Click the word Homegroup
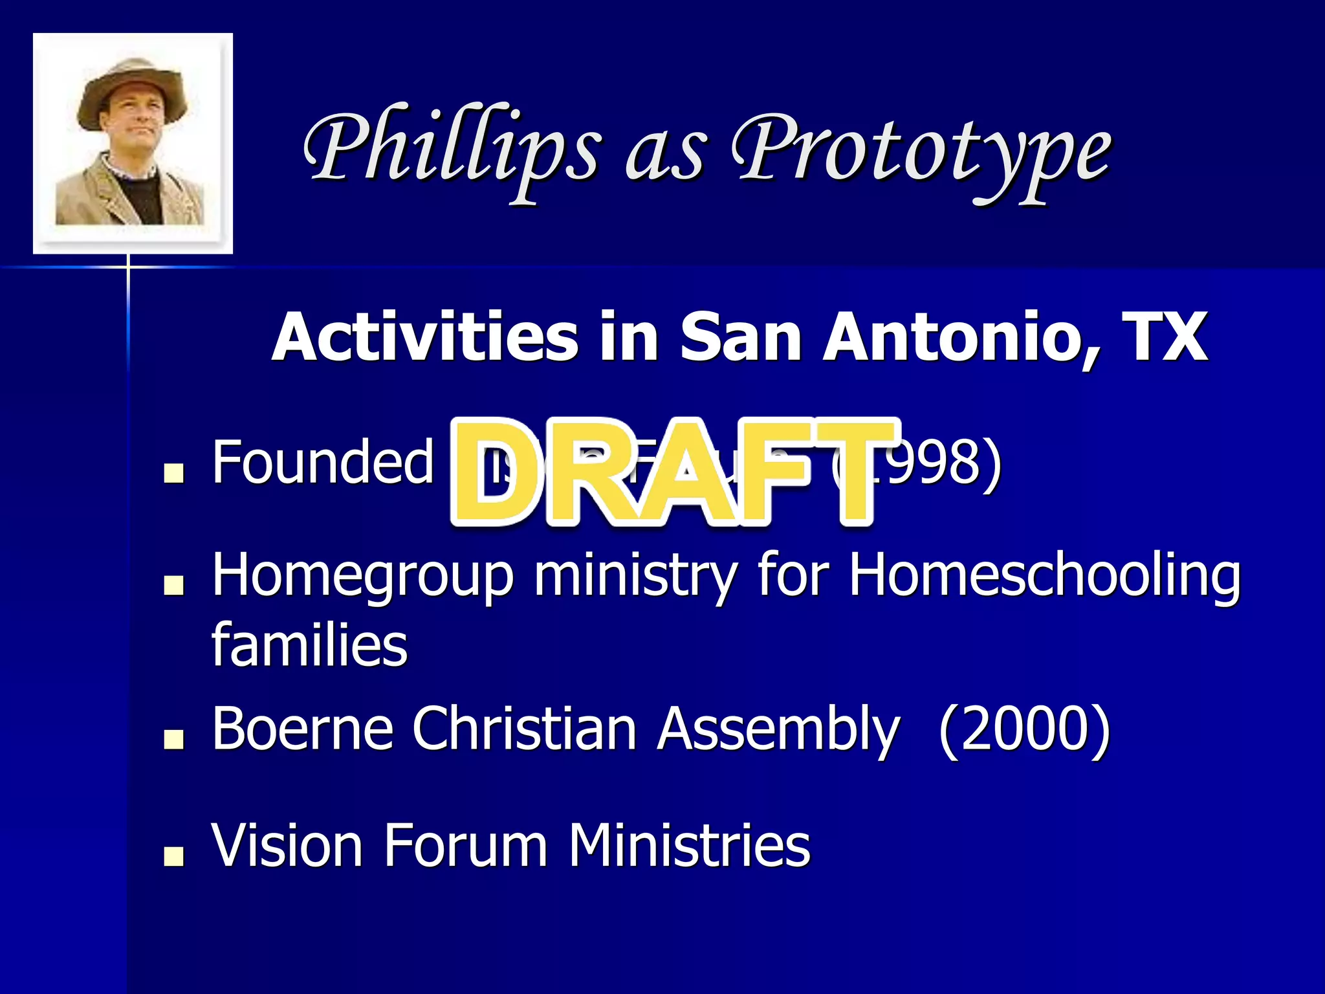point(362,576)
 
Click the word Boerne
point(303,729)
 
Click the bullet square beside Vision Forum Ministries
point(173,856)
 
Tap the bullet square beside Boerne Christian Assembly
point(173,739)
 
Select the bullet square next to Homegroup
point(173,585)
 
